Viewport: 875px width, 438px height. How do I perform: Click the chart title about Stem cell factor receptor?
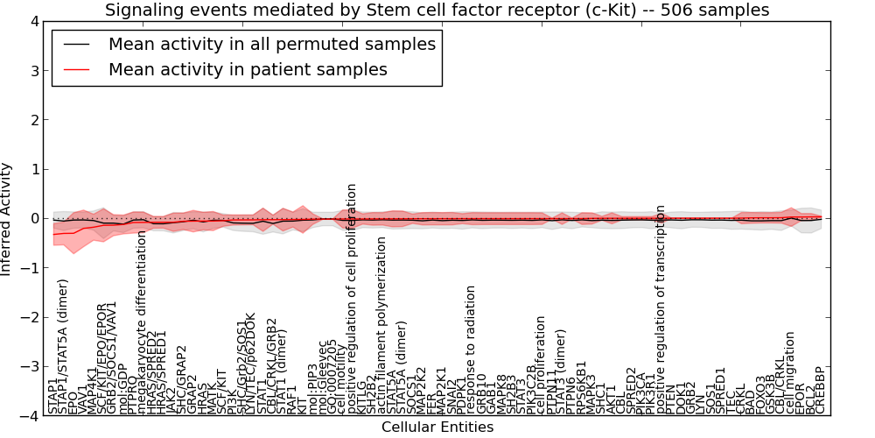[437, 11]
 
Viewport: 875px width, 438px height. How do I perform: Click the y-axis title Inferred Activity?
[7, 219]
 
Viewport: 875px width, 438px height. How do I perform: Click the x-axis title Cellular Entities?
[437, 427]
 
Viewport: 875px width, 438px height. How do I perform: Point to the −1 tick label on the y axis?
[30, 268]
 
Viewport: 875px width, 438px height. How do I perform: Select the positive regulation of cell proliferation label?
[353, 299]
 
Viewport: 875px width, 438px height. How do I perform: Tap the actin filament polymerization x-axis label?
[381, 325]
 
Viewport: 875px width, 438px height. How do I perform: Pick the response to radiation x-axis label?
[471, 350]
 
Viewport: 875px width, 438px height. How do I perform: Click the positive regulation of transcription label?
[661, 309]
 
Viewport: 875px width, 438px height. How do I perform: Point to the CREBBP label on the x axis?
[821, 391]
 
